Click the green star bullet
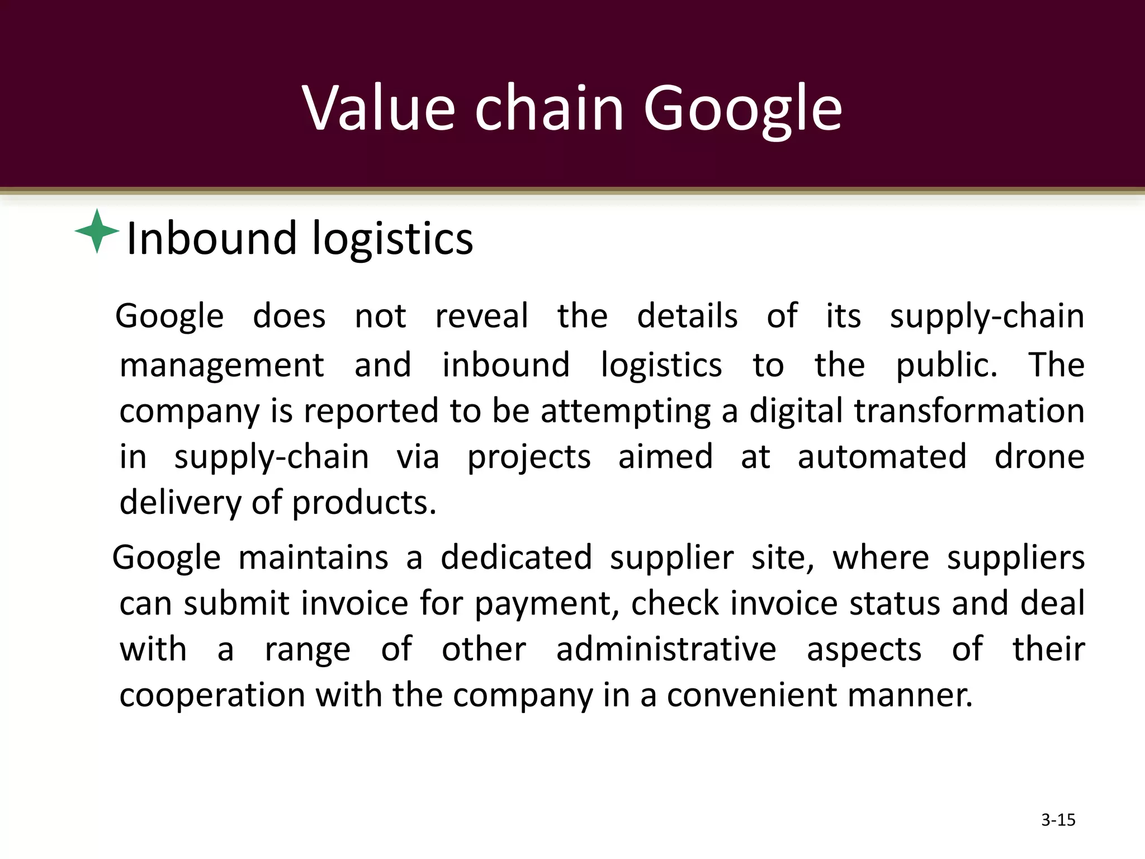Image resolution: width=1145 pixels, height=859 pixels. coord(97,231)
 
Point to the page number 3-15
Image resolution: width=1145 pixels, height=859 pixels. coord(1058,820)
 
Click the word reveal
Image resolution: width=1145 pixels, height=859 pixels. coord(481,316)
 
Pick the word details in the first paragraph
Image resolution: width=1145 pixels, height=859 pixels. coord(687,316)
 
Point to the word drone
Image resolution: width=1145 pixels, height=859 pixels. coord(1039,456)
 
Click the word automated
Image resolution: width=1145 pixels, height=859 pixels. coord(882,456)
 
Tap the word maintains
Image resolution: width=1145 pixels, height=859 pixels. coord(313,558)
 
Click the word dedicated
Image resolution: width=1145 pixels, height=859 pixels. coord(516,558)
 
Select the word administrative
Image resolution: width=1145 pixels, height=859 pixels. coord(666,649)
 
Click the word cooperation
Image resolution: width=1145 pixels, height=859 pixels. coord(212,696)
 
